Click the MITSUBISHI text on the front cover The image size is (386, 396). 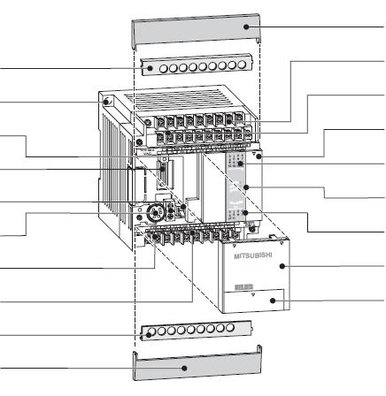[x=257, y=255]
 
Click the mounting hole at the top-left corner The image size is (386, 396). [x=107, y=103]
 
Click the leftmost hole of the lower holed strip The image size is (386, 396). [x=150, y=335]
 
